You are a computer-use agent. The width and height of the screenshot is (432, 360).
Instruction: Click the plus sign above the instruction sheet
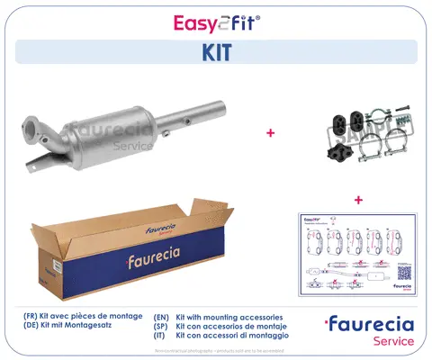(x=357, y=199)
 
